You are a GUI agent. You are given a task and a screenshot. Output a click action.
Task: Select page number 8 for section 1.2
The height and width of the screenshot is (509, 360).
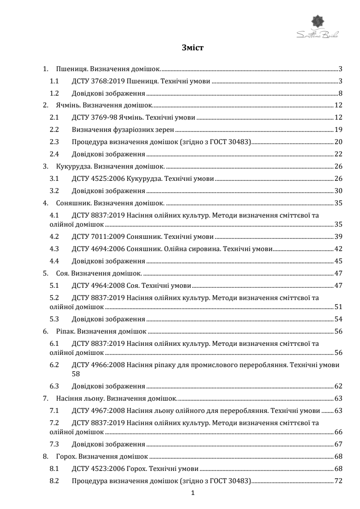(x=340, y=94)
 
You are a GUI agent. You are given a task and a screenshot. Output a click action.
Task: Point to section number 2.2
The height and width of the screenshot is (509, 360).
(x=55, y=130)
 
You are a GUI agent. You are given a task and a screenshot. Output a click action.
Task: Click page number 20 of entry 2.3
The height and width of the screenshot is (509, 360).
(x=338, y=141)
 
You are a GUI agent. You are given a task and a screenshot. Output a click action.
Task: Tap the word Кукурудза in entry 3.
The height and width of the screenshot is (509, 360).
(x=73, y=166)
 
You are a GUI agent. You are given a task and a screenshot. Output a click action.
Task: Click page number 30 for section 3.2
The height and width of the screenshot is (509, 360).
(x=338, y=190)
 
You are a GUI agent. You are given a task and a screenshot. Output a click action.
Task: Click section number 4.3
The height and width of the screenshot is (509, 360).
(x=55, y=248)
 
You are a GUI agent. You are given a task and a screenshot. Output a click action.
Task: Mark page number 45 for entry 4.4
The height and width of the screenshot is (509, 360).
(x=338, y=261)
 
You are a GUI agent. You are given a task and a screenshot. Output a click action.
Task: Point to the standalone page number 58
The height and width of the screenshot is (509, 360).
(x=76, y=374)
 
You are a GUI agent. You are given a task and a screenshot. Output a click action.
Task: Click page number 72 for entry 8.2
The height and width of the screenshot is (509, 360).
(x=338, y=480)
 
